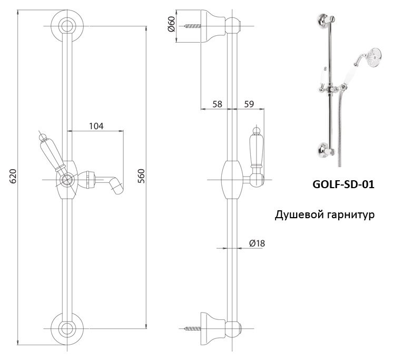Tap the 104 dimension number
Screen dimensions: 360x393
click(96, 126)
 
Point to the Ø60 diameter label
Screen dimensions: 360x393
click(171, 24)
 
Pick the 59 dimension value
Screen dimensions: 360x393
click(249, 104)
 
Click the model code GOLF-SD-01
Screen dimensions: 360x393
click(343, 185)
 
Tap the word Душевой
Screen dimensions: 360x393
click(299, 215)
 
